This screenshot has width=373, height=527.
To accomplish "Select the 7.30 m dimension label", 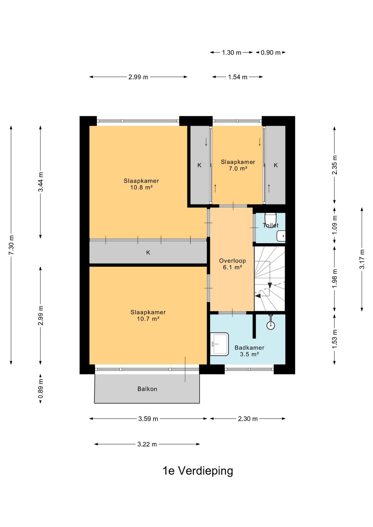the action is (x=11, y=245).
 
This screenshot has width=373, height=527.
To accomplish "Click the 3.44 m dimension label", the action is (x=40, y=182).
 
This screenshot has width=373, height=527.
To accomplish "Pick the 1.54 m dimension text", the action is (x=238, y=77).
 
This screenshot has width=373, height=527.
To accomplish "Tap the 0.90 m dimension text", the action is (x=271, y=52).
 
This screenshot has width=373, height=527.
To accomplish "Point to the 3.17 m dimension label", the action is (x=362, y=259).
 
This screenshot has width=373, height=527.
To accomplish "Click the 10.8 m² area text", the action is (x=142, y=188).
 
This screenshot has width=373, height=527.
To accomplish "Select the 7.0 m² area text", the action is (x=238, y=169).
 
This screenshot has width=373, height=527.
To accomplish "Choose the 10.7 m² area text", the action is (x=148, y=319).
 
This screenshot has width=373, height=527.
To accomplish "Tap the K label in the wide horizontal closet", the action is (x=148, y=252).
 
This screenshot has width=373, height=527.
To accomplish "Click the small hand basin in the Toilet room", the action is (x=281, y=236).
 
